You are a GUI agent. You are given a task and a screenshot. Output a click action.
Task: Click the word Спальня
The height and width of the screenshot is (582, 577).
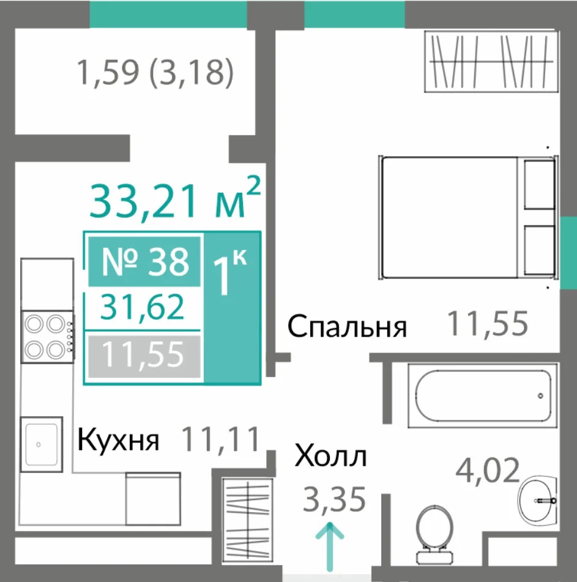[347, 326]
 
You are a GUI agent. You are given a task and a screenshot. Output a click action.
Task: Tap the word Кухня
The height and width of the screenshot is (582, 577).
[118, 441]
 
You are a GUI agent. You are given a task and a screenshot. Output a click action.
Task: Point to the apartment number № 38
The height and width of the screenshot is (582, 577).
[145, 262]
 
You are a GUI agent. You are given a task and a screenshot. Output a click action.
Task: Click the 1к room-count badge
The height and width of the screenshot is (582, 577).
[231, 271]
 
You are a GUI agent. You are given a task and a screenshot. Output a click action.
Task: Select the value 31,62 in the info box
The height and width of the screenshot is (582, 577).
[143, 307]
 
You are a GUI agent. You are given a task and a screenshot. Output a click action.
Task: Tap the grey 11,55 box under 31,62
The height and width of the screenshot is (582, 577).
[144, 356]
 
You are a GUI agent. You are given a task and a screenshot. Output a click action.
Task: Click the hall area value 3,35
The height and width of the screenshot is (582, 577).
[334, 499]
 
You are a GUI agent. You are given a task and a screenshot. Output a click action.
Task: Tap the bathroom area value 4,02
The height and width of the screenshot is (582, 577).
[488, 470]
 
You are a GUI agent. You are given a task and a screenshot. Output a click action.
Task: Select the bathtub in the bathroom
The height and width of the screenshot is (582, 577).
[483, 396]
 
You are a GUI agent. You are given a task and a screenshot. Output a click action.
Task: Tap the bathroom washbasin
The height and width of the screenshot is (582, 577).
[538, 499]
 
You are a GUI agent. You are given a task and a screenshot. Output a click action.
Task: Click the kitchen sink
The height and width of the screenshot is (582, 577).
[41, 444]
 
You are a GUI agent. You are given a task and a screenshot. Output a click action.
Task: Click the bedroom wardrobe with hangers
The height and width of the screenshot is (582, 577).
[491, 62]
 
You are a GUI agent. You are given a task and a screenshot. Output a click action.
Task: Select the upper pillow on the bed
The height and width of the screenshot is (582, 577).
[540, 184]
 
